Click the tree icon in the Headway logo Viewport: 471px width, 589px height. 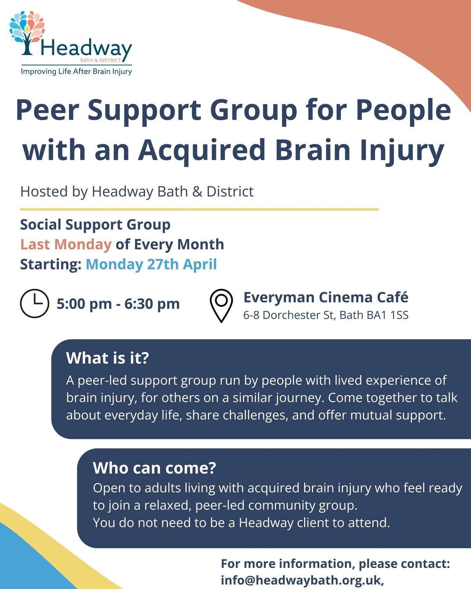(x=27, y=33)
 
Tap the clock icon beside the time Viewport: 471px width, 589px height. (x=34, y=303)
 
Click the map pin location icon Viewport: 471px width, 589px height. (x=221, y=305)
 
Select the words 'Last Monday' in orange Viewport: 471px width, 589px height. (x=66, y=245)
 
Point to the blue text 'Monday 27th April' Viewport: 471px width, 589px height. (x=151, y=264)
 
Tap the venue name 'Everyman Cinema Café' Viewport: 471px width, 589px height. (x=325, y=297)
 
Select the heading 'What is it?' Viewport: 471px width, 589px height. (x=107, y=358)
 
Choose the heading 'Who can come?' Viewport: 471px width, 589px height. (x=154, y=468)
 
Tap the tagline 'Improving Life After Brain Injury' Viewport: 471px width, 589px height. (x=76, y=71)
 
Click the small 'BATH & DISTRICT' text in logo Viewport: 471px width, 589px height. (x=101, y=60)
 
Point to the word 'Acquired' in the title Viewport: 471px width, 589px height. (x=201, y=150)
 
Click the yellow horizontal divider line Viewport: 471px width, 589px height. (x=199, y=209)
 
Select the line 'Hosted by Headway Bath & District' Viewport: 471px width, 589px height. (x=137, y=192)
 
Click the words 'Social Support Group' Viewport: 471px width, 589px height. (x=95, y=225)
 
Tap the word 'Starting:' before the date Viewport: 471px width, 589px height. (x=51, y=264)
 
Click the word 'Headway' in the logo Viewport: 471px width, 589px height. (x=86, y=49)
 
